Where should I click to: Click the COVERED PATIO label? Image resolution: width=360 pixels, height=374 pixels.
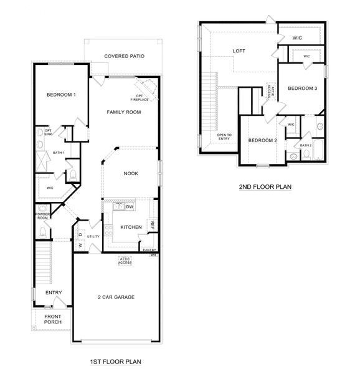[x=124, y=56]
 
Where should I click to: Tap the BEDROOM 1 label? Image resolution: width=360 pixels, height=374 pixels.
[x=61, y=95]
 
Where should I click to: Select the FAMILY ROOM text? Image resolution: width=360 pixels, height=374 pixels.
[x=123, y=112]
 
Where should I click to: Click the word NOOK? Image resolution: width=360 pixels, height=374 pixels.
[x=131, y=173]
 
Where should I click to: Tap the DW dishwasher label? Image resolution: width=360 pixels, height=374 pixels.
[x=130, y=208]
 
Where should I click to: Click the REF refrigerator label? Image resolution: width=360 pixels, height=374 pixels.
[x=152, y=226]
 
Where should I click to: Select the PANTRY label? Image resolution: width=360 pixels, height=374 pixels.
[x=149, y=250]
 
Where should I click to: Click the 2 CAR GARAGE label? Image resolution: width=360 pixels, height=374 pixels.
[x=116, y=297]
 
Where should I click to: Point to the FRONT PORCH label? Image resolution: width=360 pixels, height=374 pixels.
[x=53, y=319]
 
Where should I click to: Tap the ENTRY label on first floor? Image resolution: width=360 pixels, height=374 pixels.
[x=54, y=293]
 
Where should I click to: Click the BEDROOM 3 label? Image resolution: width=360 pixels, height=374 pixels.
[x=303, y=89]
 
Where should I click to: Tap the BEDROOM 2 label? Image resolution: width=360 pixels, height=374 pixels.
[x=262, y=140]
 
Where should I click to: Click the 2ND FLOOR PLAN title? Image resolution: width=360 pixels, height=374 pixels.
[x=265, y=186]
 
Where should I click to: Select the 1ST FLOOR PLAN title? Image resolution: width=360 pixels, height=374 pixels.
[x=116, y=361]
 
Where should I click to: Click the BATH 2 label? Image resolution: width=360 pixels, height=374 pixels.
[x=306, y=145]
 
